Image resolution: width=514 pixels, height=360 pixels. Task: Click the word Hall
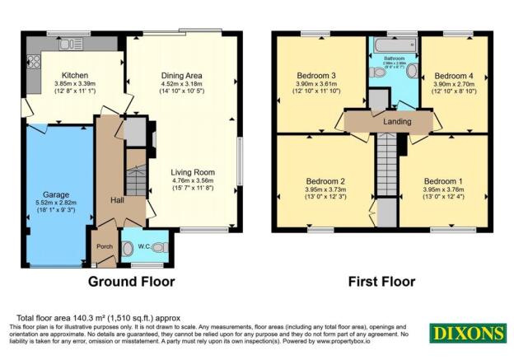[x=117, y=199]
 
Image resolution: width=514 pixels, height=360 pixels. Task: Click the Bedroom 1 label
[x=442, y=181]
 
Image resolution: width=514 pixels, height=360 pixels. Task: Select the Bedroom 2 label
[x=324, y=181]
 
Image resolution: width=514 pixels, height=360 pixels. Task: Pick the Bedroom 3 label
[x=315, y=75]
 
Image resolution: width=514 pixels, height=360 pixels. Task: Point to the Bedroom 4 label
[x=451, y=75]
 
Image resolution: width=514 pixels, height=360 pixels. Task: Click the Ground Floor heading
[x=132, y=282]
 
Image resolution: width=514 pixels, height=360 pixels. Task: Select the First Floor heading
[x=381, y=282]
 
